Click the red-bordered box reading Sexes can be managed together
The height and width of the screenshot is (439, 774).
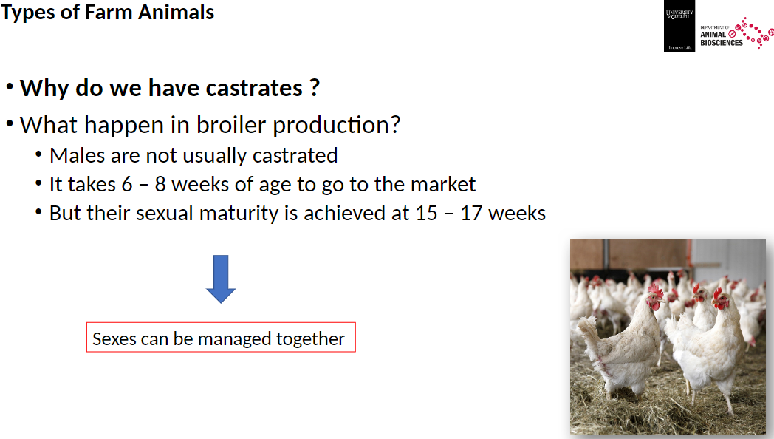[221, 338]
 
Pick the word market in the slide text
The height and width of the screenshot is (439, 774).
[442, 184]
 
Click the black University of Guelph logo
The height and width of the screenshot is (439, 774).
[679, 27]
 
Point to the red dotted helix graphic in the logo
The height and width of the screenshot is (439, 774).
[753, 33]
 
